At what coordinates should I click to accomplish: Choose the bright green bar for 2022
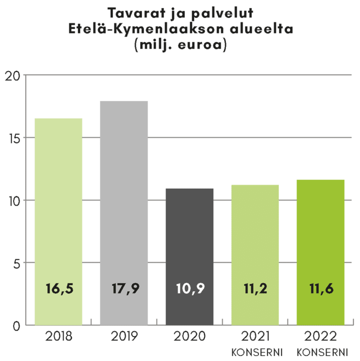coord(321,234)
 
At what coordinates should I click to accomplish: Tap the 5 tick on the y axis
coord(15,263)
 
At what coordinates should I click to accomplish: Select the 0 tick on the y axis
coord(16,326)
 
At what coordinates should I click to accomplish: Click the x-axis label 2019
coord(125,336)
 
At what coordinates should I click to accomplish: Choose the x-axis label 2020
coord(189,336)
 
